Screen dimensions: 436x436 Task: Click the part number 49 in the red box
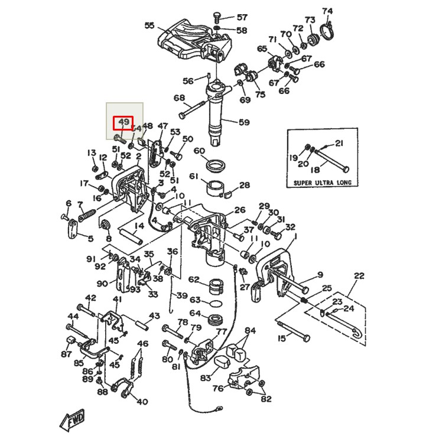123,123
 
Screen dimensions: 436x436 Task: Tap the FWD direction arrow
73,419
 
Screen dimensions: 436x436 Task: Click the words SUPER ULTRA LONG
322,183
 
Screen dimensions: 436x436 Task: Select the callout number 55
149,25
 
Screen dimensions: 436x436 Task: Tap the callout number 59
244,123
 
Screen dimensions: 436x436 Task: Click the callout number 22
359,275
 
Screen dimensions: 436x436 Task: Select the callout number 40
142,402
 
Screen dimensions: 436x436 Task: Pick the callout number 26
239,210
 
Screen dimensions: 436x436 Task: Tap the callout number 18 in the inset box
314,169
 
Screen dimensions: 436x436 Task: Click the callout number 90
102,284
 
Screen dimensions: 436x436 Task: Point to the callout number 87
66,354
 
